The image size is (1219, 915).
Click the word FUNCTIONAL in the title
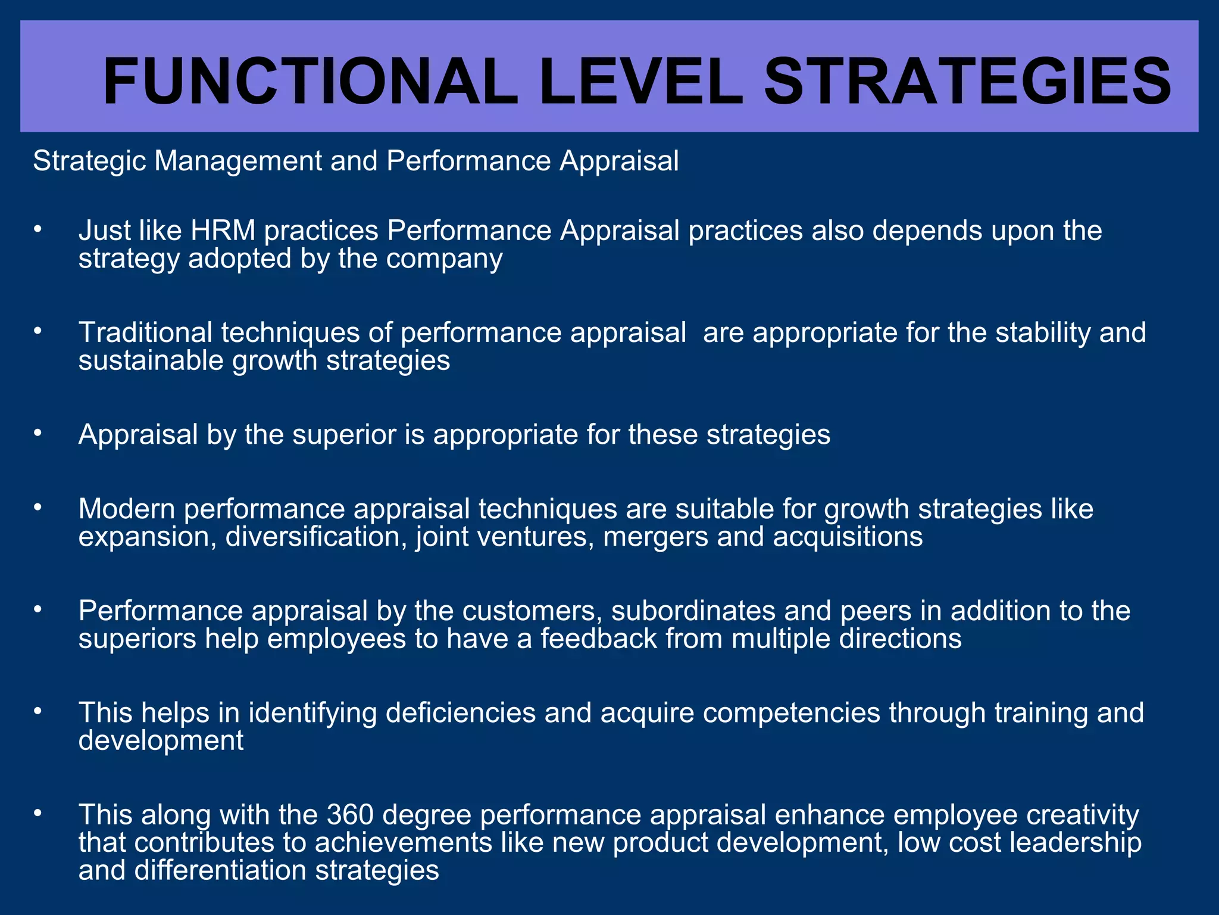click(310, 82)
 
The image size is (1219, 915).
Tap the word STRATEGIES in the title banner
click(967, 82)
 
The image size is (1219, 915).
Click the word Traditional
click(145, 332)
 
